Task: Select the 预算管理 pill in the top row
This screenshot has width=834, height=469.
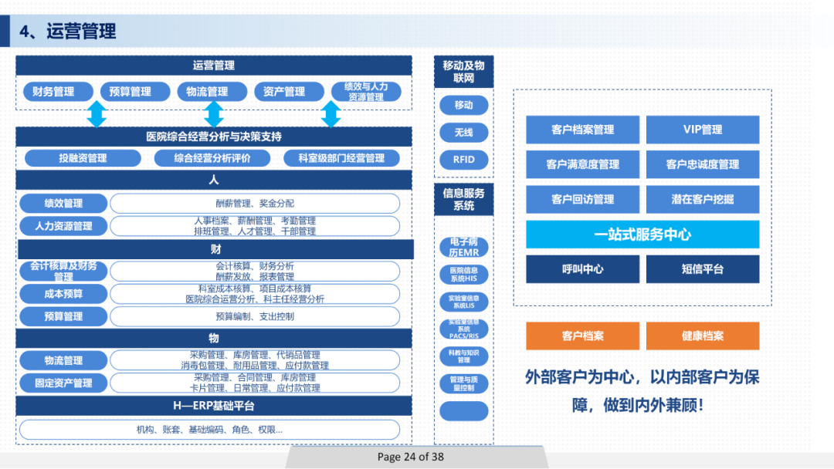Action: pyautogui.click(x=130, y=92)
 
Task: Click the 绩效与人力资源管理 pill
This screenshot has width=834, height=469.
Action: pyautogui.click(x=366, y=92)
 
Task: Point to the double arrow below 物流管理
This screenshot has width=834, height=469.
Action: pyautogui.click(x=213, y=114)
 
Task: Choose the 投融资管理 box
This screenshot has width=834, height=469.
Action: pyautogui.click(x=83, y=158)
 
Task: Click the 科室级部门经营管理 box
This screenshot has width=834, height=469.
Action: pyautogui.click(x=341, y=158)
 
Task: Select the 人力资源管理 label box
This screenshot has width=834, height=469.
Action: pyautogui.click(x=63, y=226)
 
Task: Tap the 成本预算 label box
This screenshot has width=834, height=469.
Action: pyautogui.click(x=63, y=294)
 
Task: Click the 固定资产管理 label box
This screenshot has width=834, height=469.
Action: pyautogui.click(x=63, y=383)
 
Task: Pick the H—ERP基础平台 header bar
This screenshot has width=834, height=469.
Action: pyautogui.click(x=214, y=406)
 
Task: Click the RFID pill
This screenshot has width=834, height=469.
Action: pyautogui.click(x=463, y=160)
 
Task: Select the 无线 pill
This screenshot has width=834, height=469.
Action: pyautogui.click(x=463, y=133)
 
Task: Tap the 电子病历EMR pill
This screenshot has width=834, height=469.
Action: pyautogui.click(x=463, y=248)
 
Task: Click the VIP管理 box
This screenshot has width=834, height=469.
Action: pyautogui.click(x=702, y=130)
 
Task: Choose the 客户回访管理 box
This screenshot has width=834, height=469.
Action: pyautogui.click(x=582, y=199)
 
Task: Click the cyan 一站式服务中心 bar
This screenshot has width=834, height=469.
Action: pyautogui.click(x=642, y=235)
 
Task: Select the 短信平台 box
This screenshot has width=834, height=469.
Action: pyautogui.click(x=702, y=269)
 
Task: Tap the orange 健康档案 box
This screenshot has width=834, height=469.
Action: pyautogui.click(x=702, y=336)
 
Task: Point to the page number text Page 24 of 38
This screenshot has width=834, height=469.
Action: pyautogui.click(x=411, y=457)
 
